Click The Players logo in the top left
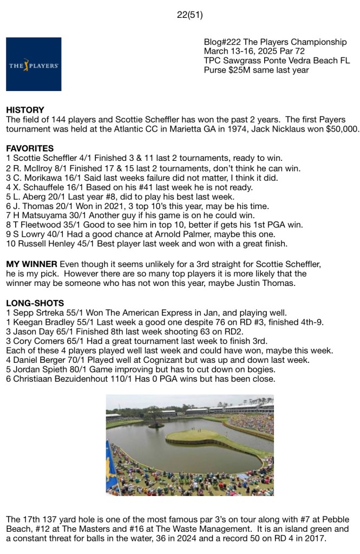[x=34, y=64]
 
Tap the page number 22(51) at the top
[x=189, y=15]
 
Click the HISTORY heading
[x=25, y=110]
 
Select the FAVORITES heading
[x=30, y=148]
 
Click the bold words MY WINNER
[x=32, y=264]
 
